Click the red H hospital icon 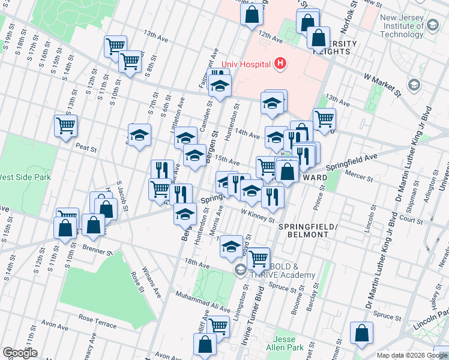[279, 63]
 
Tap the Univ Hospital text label [246, 64]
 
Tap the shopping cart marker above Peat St [66, 125]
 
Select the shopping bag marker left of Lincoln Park [362, 334]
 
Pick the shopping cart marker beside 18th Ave [258, 258]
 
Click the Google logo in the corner [19, 353]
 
